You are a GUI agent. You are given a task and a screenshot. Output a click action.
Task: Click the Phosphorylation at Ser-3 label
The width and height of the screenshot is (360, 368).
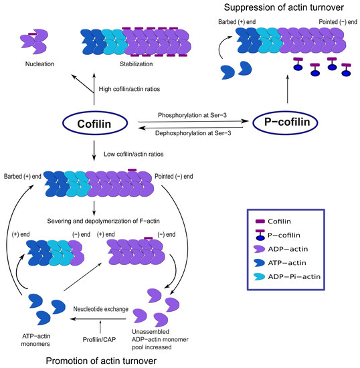point(192,115)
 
